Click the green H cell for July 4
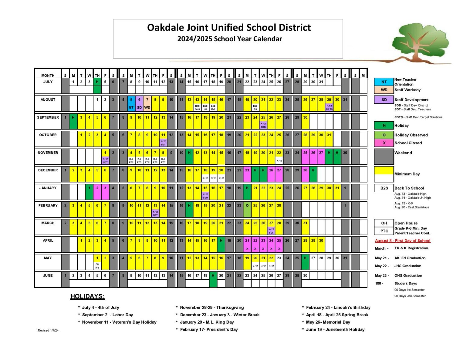97,82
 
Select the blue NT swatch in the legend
384,82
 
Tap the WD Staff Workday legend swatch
384,90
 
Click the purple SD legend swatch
384,100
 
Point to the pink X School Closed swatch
384,143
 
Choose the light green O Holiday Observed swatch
384,135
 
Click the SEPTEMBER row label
48,117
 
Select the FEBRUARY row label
48,206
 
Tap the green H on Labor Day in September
73,117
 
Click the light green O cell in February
247,206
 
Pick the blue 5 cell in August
131,99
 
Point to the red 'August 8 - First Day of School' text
403,241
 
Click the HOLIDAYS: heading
87,297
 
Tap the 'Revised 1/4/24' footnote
48,331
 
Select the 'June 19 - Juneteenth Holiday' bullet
335,330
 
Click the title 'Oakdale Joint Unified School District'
229,28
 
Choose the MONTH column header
48,76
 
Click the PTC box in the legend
384,231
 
